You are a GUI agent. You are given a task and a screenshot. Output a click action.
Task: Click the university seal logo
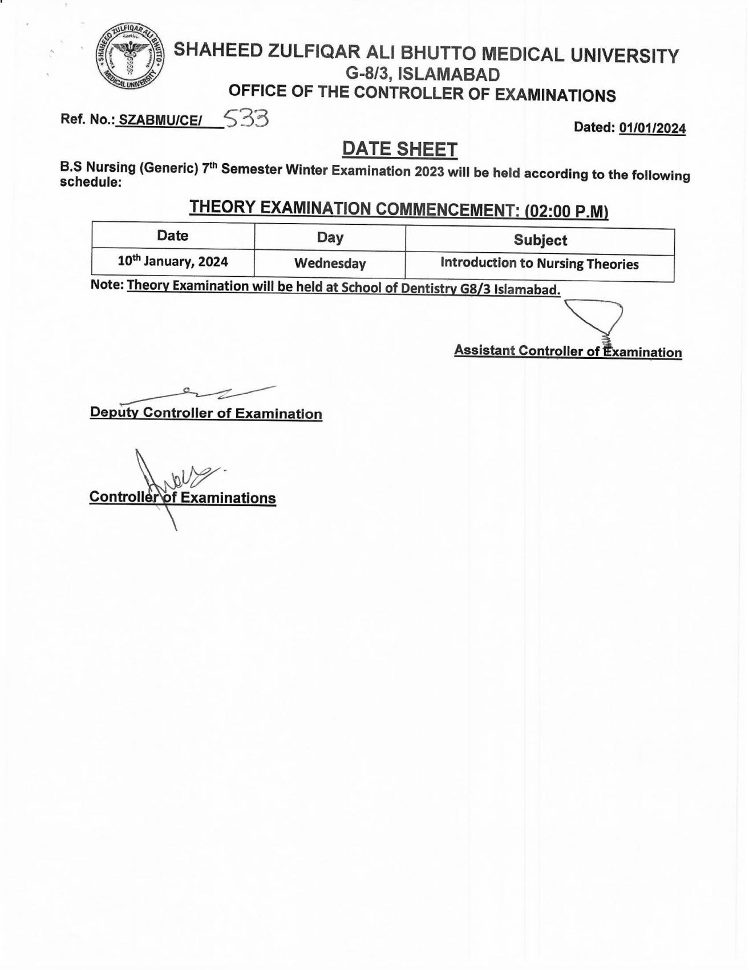(x=129, y=58)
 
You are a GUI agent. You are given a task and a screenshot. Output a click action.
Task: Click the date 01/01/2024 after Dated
(x=652, y=128)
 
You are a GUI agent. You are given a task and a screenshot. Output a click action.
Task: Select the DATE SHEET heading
(x=399, y=149)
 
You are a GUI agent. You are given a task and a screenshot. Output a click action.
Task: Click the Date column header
(x=172, y=236)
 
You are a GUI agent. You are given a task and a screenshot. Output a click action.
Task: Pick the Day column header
(x=330, y=237)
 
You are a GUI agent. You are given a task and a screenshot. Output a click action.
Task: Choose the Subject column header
(x=540, y=240)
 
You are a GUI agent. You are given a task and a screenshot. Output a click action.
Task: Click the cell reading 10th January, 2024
(x=172, y=262)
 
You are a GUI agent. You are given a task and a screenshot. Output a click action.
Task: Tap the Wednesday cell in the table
(x=330, y=264)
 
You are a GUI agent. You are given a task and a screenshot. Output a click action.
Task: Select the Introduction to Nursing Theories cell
(x=539, y=264)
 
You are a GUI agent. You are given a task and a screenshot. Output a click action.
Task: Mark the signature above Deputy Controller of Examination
(x=200, y=393)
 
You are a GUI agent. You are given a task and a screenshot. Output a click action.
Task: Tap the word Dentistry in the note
(x=431, y=289)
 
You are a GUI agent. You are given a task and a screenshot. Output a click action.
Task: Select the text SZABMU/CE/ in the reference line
(x=160, y=121)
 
